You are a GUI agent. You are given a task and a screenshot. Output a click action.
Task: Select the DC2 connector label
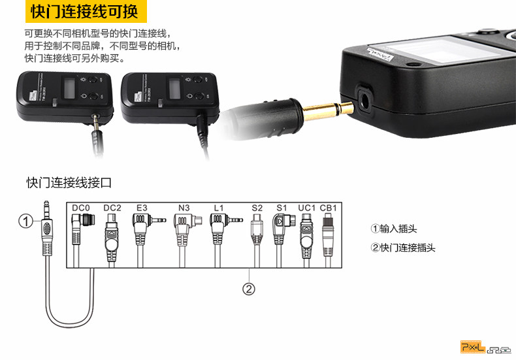coord(112,208)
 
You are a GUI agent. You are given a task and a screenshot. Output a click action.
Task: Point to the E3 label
coord(142,208)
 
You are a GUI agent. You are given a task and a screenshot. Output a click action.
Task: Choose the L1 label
coord(219,208)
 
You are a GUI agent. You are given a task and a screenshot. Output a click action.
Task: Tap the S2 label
coord(257,208)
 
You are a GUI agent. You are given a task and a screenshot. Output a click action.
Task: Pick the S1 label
coord(282,208)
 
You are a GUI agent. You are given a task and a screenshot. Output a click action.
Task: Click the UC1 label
coord(306,208)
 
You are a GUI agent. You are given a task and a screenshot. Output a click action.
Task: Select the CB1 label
coord(328,208)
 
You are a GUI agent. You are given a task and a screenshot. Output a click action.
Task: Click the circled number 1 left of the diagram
coord(25,221)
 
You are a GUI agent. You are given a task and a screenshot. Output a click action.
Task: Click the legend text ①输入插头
coord(394,229)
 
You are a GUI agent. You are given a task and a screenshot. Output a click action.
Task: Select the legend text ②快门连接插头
coord(403,248)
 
